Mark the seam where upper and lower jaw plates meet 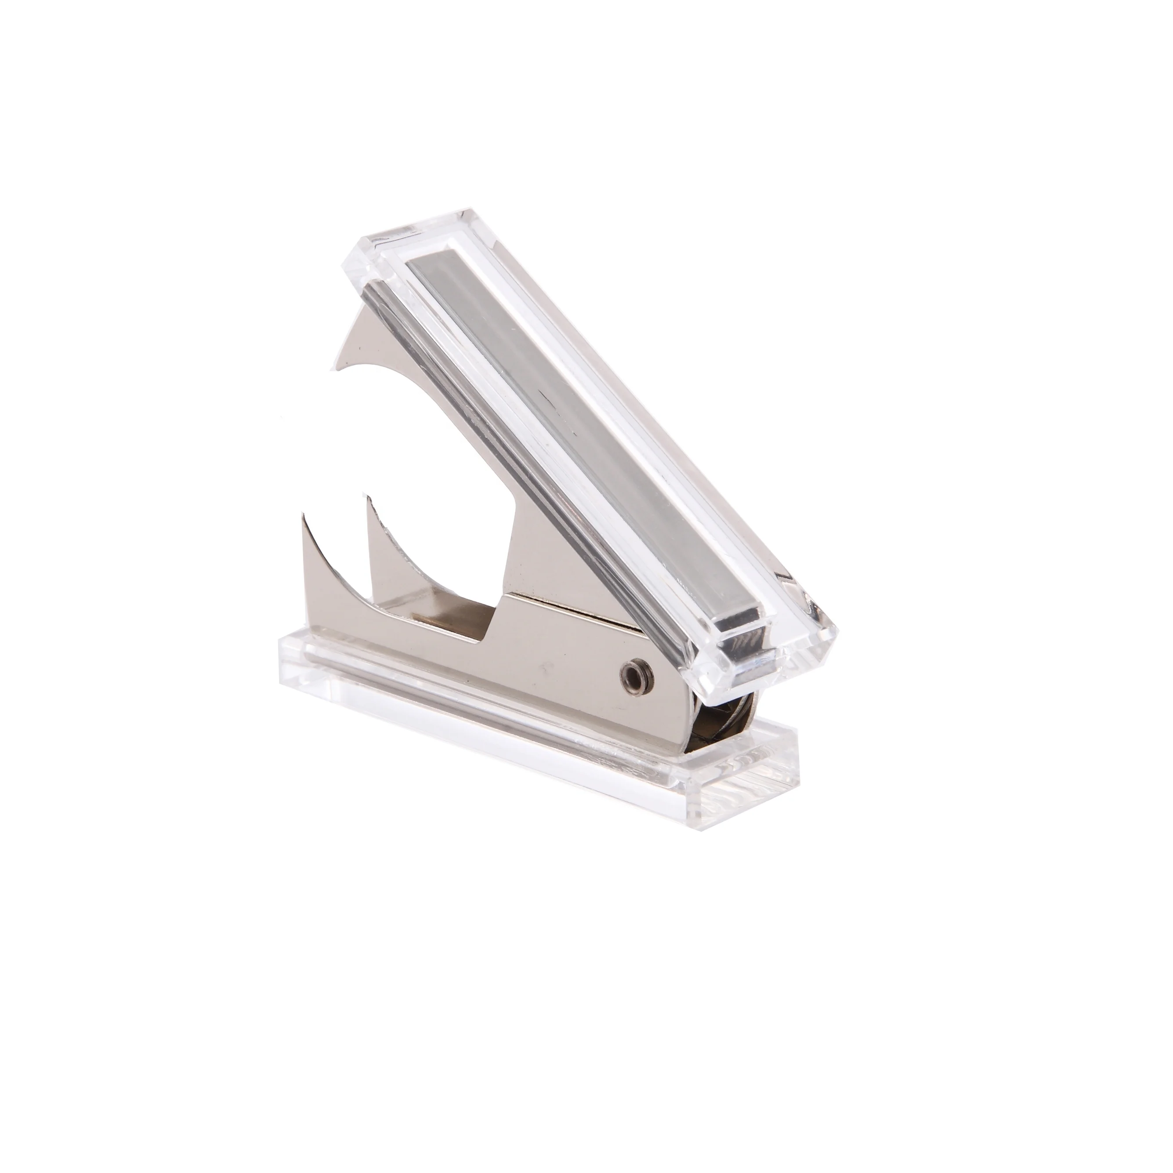577,607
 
